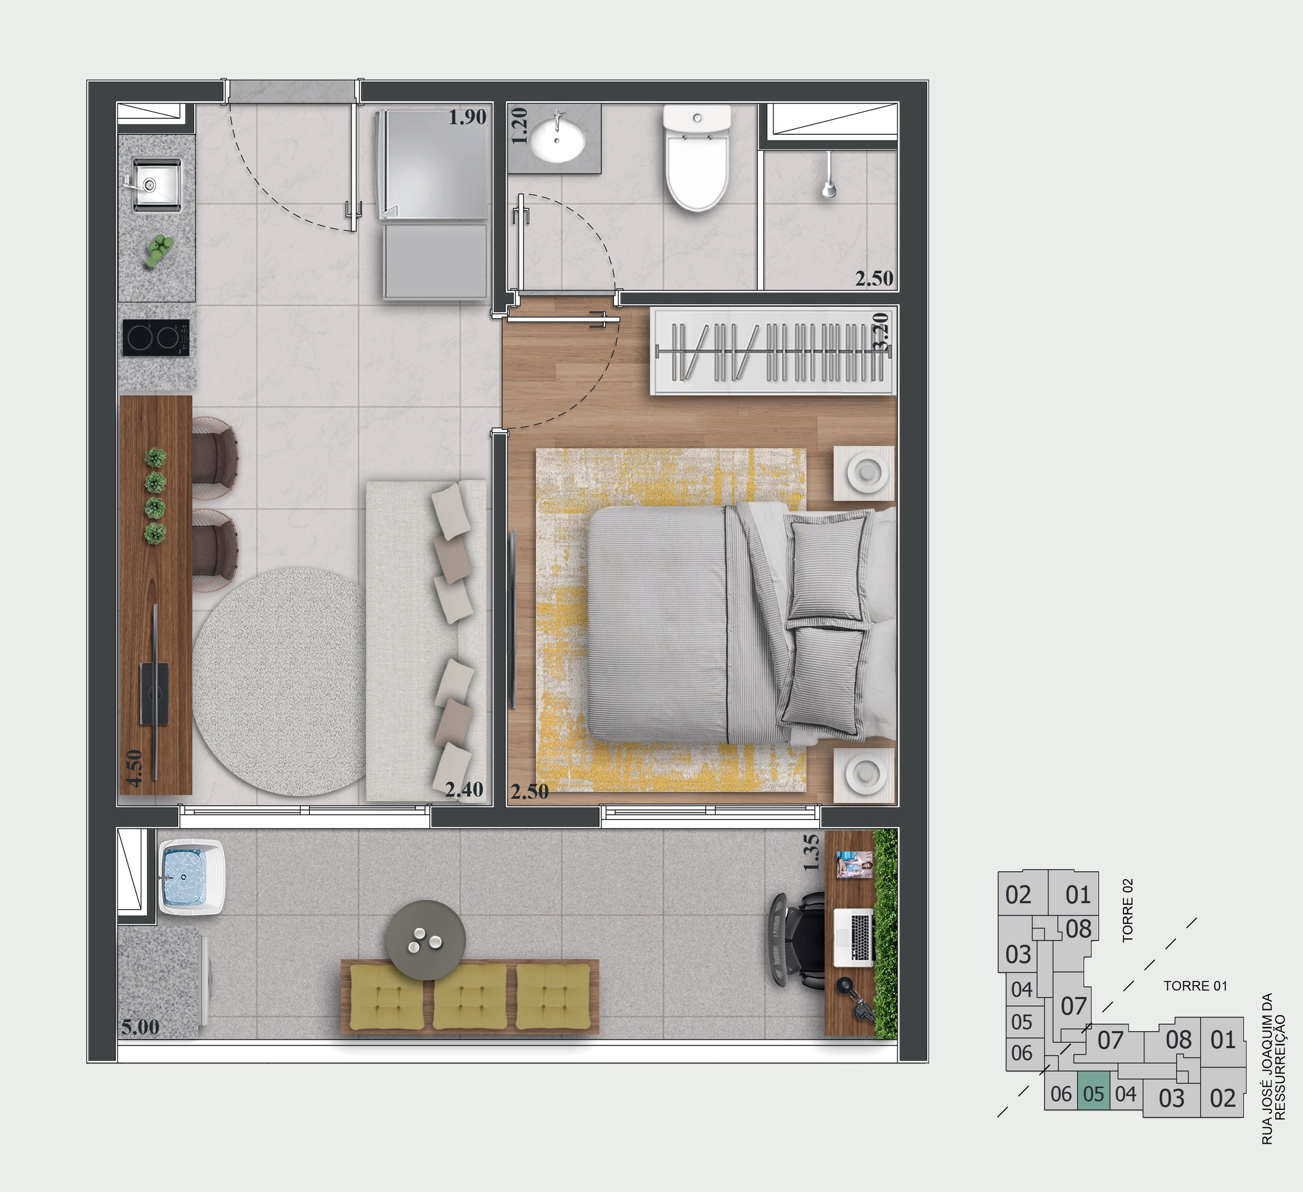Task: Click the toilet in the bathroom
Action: click(698, 159)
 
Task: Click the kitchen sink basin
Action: click(157, 184)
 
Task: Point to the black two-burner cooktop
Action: click(156, 337)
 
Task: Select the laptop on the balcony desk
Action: click(853, 938)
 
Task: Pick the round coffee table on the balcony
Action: click(425, 940)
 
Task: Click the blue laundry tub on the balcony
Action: click(191, 877)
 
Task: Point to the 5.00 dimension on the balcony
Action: click(140, 1026)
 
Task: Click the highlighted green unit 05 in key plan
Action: click(1093, 1094)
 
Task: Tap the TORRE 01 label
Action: click(1195, 986)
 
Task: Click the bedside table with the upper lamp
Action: click(864, 472)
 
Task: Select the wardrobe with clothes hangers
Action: click(773, 351)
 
